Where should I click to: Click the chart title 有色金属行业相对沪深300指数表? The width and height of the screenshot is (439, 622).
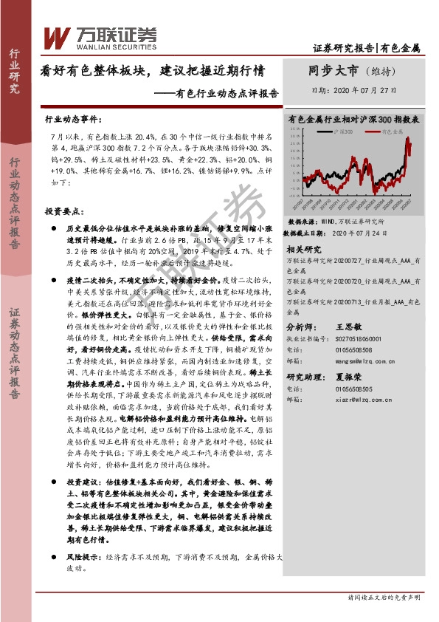tap(354, 118)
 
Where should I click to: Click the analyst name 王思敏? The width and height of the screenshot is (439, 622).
tap(348, 325)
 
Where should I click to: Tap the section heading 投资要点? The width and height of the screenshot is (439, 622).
tap(63, 211)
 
